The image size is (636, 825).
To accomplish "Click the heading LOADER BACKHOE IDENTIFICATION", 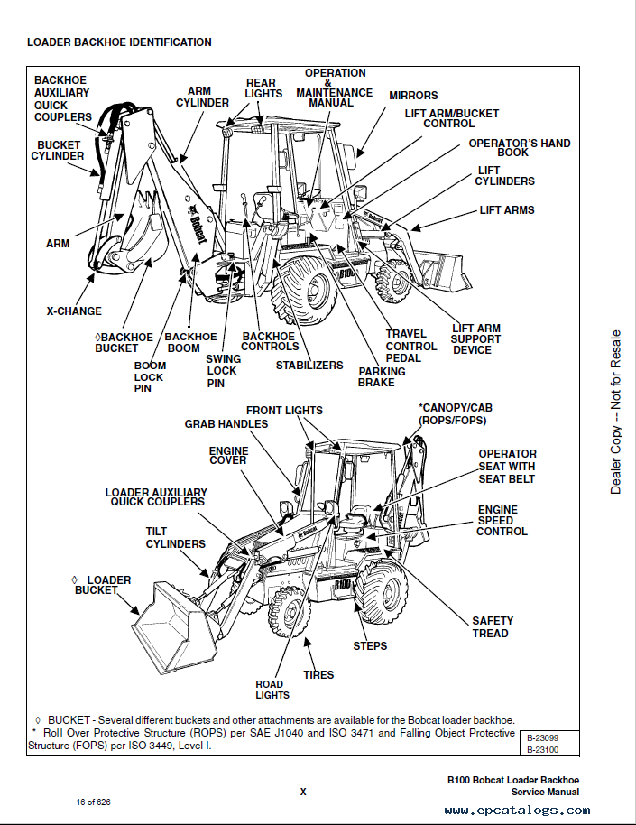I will [x=119, y=42].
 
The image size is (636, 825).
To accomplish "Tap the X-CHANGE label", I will [x=74, y=311].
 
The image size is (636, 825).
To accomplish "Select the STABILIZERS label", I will [x=309, y=366].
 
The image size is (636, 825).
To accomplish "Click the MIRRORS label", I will [x=413, y=96].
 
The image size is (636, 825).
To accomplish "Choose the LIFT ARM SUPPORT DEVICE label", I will [x=476, y=339].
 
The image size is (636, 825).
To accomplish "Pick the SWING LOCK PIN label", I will [x=222, y=371].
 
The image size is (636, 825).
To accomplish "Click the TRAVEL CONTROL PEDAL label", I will [x=411, y=346].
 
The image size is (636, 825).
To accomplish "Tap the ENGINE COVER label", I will [x=228, y=455].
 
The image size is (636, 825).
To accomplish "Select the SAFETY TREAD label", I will [x=493, y=626].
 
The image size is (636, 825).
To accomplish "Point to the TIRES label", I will [x=318, y=674].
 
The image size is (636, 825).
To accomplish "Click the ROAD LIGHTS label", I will [x=272, y=690].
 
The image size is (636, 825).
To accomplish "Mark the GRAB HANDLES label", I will [x=226, y=424].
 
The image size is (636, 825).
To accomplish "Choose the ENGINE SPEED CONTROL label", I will [x=502, y=521].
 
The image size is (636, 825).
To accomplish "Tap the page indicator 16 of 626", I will [x=93, y=802].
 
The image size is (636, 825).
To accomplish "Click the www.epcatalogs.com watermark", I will [x=512, y=811].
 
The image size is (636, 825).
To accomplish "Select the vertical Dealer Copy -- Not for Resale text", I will [x=616, y=412].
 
